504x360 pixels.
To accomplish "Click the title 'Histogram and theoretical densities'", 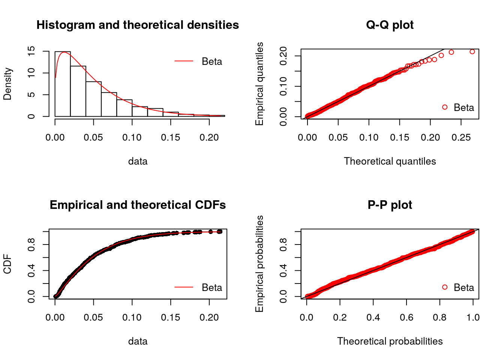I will (138, 25).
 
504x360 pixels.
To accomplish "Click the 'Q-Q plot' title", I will (390, 25).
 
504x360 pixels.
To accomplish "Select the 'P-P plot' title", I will (390, 205).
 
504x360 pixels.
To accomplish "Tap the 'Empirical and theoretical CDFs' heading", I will (138, 205).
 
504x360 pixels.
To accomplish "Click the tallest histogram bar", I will (63, 84).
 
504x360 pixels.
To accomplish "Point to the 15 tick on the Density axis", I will (31, 51).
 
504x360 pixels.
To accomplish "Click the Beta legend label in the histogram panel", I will (212, 61).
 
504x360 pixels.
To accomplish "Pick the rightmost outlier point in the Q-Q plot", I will (472, 52).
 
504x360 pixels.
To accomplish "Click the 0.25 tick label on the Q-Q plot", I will (461, 138).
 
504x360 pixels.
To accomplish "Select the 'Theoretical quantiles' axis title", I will (390, 161).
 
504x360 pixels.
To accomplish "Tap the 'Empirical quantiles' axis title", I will (259, 84).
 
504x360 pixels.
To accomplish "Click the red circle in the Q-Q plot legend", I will (445, 107).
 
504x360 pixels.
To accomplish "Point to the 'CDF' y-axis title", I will (7, 264).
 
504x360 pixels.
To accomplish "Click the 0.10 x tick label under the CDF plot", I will (132, 318).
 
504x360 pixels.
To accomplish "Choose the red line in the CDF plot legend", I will (184, 287).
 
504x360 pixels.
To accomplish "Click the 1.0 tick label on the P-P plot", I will (473, 318).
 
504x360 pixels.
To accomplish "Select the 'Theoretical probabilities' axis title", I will (390, 341).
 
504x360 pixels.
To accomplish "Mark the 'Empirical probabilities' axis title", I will (259, 264).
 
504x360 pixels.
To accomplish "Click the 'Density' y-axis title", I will (7, 84).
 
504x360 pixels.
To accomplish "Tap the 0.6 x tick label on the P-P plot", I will (406, 318).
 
